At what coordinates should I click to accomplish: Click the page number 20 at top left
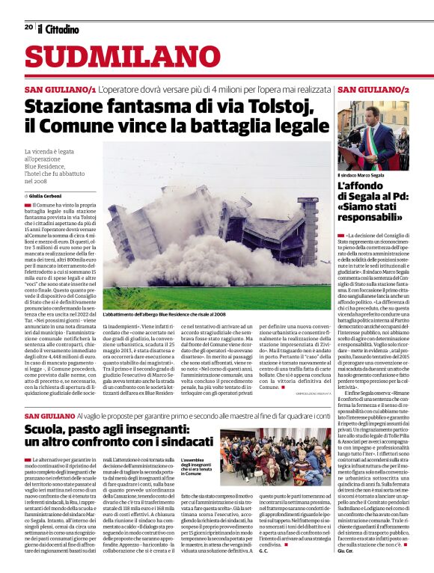tap(28, 27)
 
